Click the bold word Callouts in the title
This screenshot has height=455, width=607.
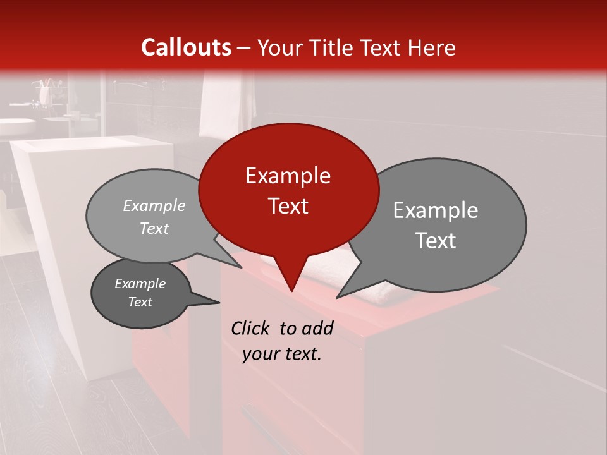tap(186, 47)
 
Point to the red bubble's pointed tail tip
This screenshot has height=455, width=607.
tap(291, 291)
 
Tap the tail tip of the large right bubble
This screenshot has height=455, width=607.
tap(338, 296)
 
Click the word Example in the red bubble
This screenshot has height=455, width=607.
tap(288, 176)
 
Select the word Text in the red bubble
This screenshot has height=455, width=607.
tap(288, 206)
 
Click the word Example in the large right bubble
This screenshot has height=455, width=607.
tap(436, 210)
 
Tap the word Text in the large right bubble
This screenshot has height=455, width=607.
tap(436, 241)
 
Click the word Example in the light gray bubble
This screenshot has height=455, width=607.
tap(154, 206)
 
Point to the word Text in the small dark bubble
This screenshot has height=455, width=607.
tap(140, 302)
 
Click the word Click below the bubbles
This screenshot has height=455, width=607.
tap(252, 329)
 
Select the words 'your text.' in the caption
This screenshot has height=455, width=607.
tap(282, 355)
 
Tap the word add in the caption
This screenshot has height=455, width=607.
tap(317, 329)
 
